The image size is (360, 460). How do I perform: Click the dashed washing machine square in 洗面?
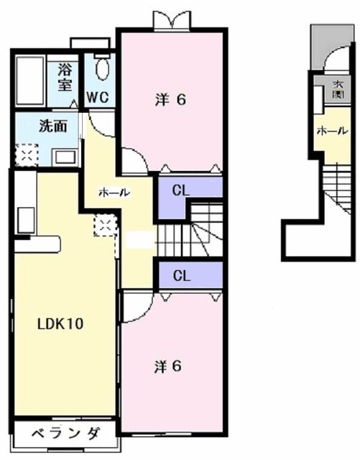coord(26,155)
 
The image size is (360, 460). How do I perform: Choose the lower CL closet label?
coord(182,275)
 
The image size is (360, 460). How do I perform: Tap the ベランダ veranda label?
coord(64,433)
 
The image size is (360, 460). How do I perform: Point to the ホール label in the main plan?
coord(114,192)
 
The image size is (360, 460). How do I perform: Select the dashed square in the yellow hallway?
coord(103,227)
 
